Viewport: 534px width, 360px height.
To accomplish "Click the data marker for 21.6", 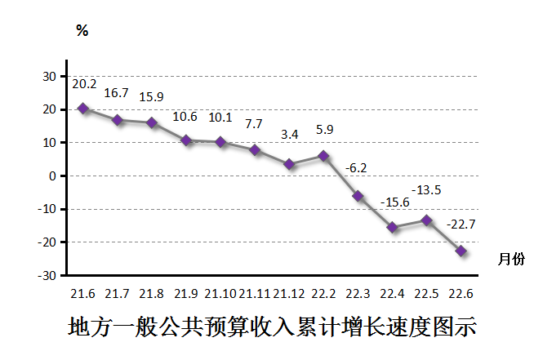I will tap(83, 108).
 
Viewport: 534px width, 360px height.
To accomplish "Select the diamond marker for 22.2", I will tap(323, 155).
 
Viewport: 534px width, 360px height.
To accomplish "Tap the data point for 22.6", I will tap(461, 251).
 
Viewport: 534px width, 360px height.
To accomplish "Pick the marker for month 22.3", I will tap(358, 196).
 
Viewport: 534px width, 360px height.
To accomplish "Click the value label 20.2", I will tap(84, 84).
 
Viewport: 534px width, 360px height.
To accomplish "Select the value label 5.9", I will tap(324, 129).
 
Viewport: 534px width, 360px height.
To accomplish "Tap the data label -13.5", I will tap(425, 190).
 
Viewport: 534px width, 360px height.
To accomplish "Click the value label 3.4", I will tap(289, 133).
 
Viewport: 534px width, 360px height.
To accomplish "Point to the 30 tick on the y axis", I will tap(49, 76).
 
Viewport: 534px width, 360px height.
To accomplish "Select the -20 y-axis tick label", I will tap(47, 242).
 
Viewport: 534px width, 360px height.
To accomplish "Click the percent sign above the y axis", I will tap(82, 31).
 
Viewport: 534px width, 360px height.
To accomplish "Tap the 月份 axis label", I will tap(511, 259).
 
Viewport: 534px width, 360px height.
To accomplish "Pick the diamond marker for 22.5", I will tap(426, 220).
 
